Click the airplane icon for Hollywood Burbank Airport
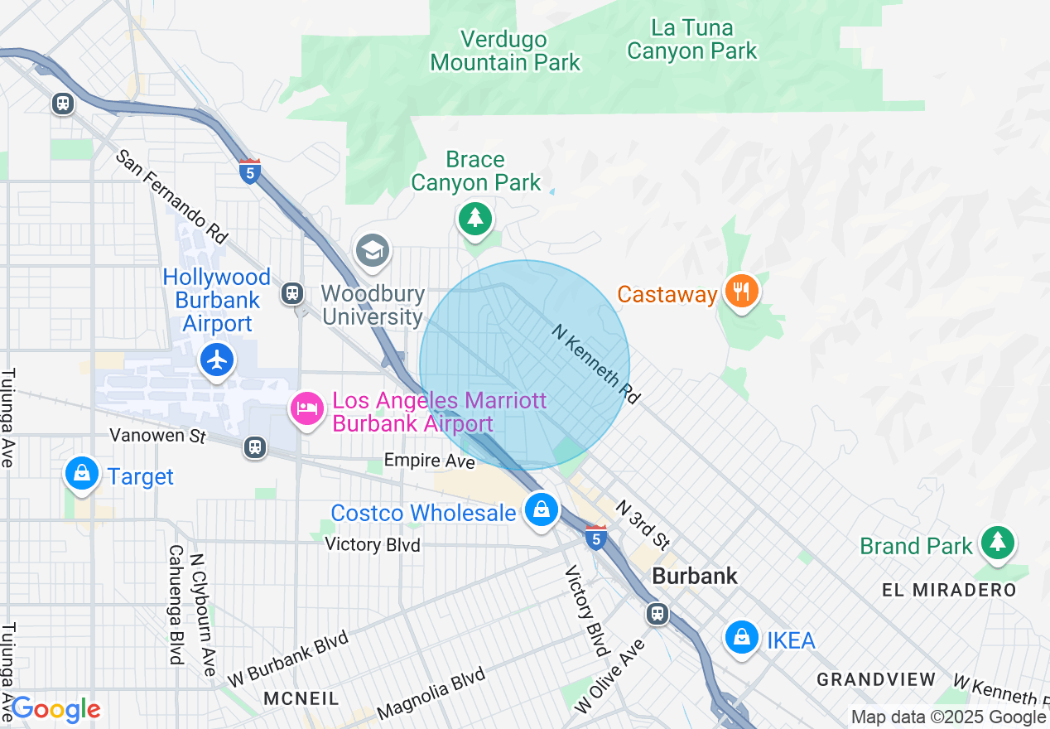[x=217, y=360]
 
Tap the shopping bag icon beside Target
[x=82, y=474]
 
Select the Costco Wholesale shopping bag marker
[x=541, y=509]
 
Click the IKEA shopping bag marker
[x=742, y=638]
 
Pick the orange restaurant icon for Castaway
[x=740, y=292]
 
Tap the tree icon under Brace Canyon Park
[x=474, y=219]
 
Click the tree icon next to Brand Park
[x=997, y=543]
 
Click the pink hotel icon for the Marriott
[x=307, y=408]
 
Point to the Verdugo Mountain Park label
[x=505, y=51]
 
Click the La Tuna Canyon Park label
[x=691, y=39]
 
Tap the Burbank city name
[x=694, y=576]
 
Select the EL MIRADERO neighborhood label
[x=948, y=590]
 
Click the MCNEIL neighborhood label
[x=301, y=698]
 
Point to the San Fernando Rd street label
[x=171, y=196]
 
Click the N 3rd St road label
[x=641, y=525]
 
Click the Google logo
[x=55, y=710]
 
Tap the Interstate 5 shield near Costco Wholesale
[x=595, y=537]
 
